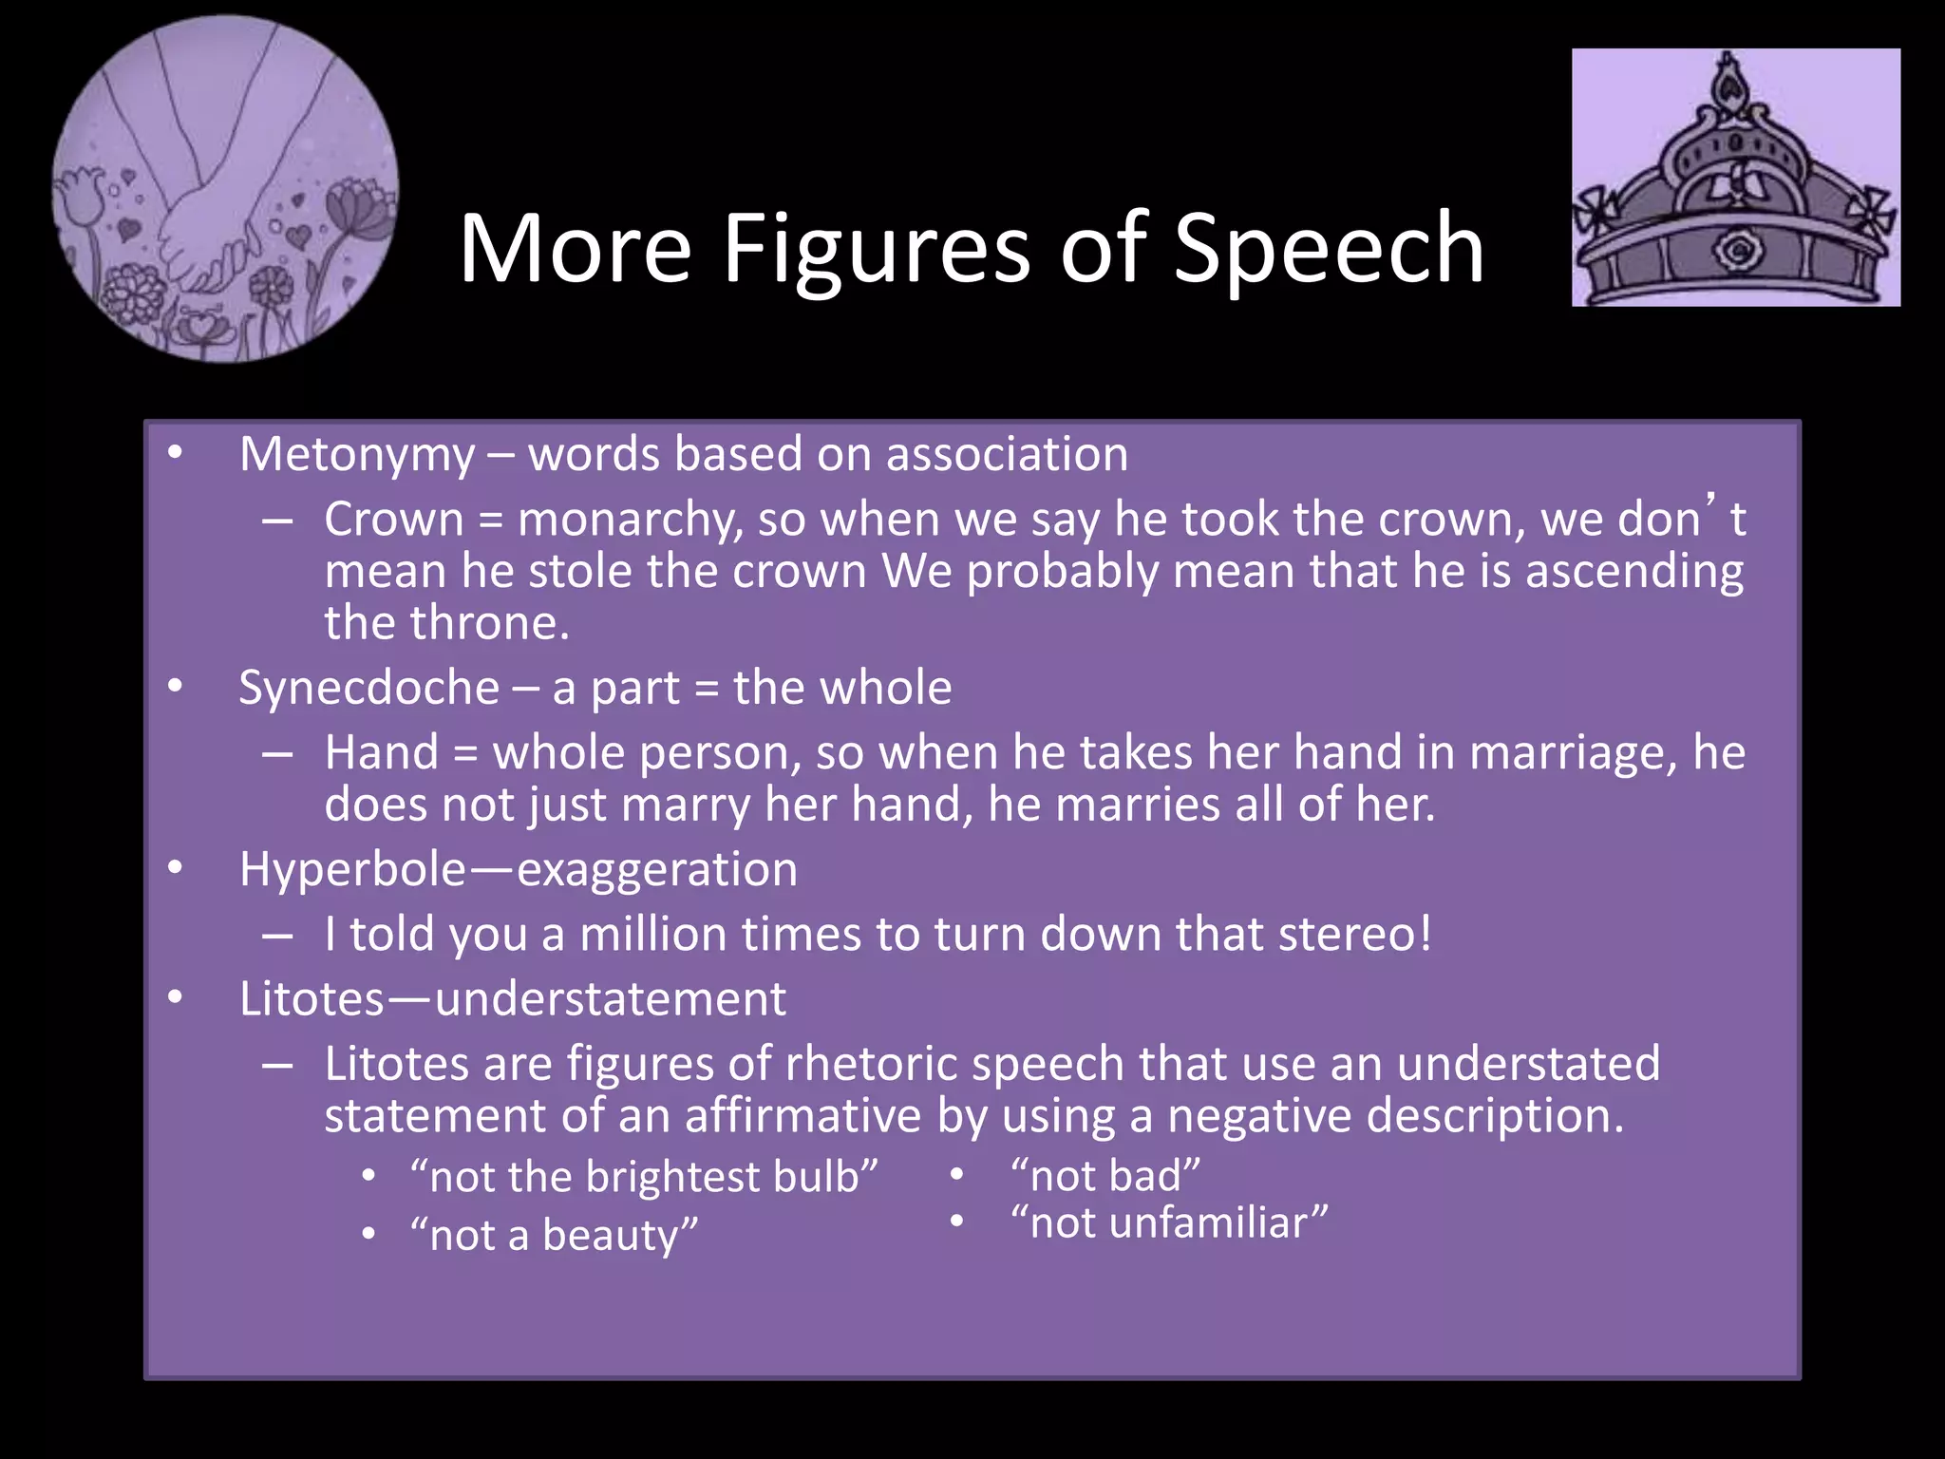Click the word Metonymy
356,455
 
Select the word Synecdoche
368,688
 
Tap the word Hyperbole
352,869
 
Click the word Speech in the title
1329,249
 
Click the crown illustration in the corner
1735,178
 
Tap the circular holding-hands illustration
225,189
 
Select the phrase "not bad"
1105,1175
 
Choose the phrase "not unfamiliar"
1169,1222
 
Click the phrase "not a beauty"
554,1235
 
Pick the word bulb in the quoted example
816,1177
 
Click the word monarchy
630,520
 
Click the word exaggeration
656,869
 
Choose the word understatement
610,999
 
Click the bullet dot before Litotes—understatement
175,997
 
